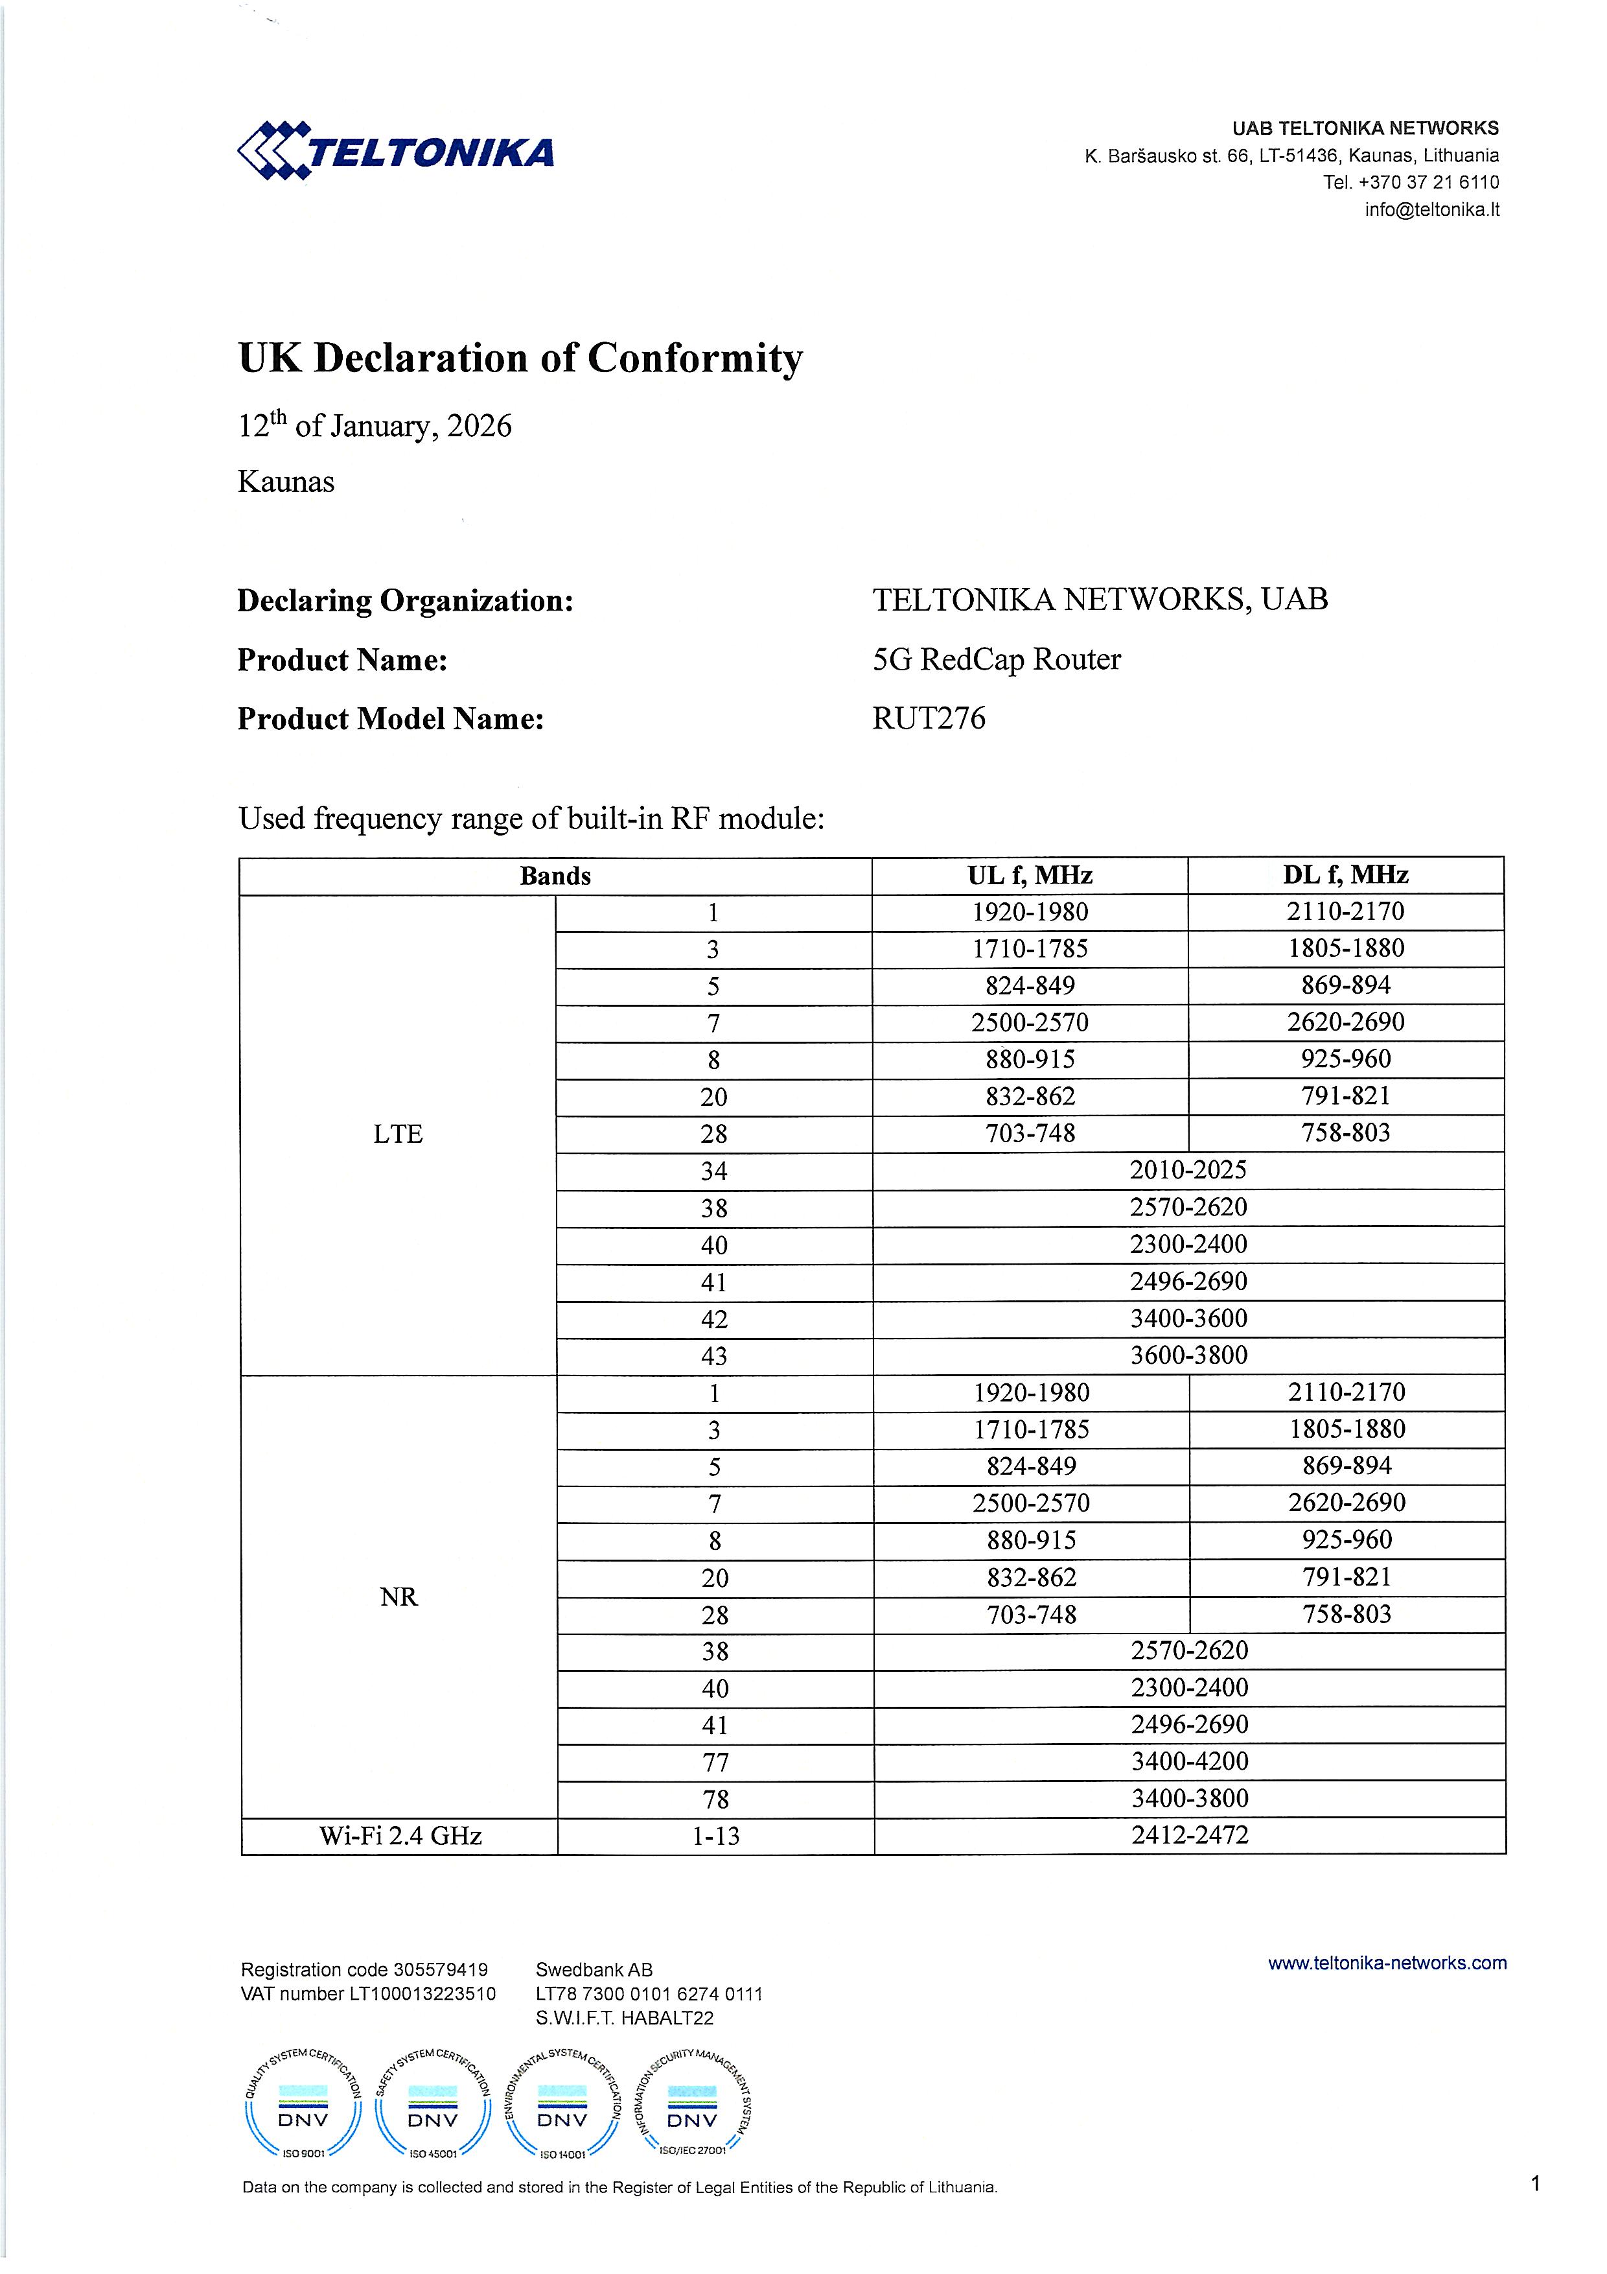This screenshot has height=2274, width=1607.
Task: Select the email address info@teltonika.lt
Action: [x=1432, y=210]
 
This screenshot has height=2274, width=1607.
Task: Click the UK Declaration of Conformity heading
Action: [x=520, y=358]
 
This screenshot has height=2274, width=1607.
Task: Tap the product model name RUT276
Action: [x=929, y=719]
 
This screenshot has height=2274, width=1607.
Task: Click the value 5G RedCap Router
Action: [x=996, y=660]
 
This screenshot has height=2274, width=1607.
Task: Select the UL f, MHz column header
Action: [x=1030, y=876]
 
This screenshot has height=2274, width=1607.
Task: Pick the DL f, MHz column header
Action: [x=1346, y=876]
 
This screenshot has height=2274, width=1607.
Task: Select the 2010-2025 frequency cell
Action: [x=1188, y=1171]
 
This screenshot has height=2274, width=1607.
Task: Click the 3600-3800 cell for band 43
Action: [x=1188, y=1356]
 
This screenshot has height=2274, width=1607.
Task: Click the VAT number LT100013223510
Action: [x=422, y=1994]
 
